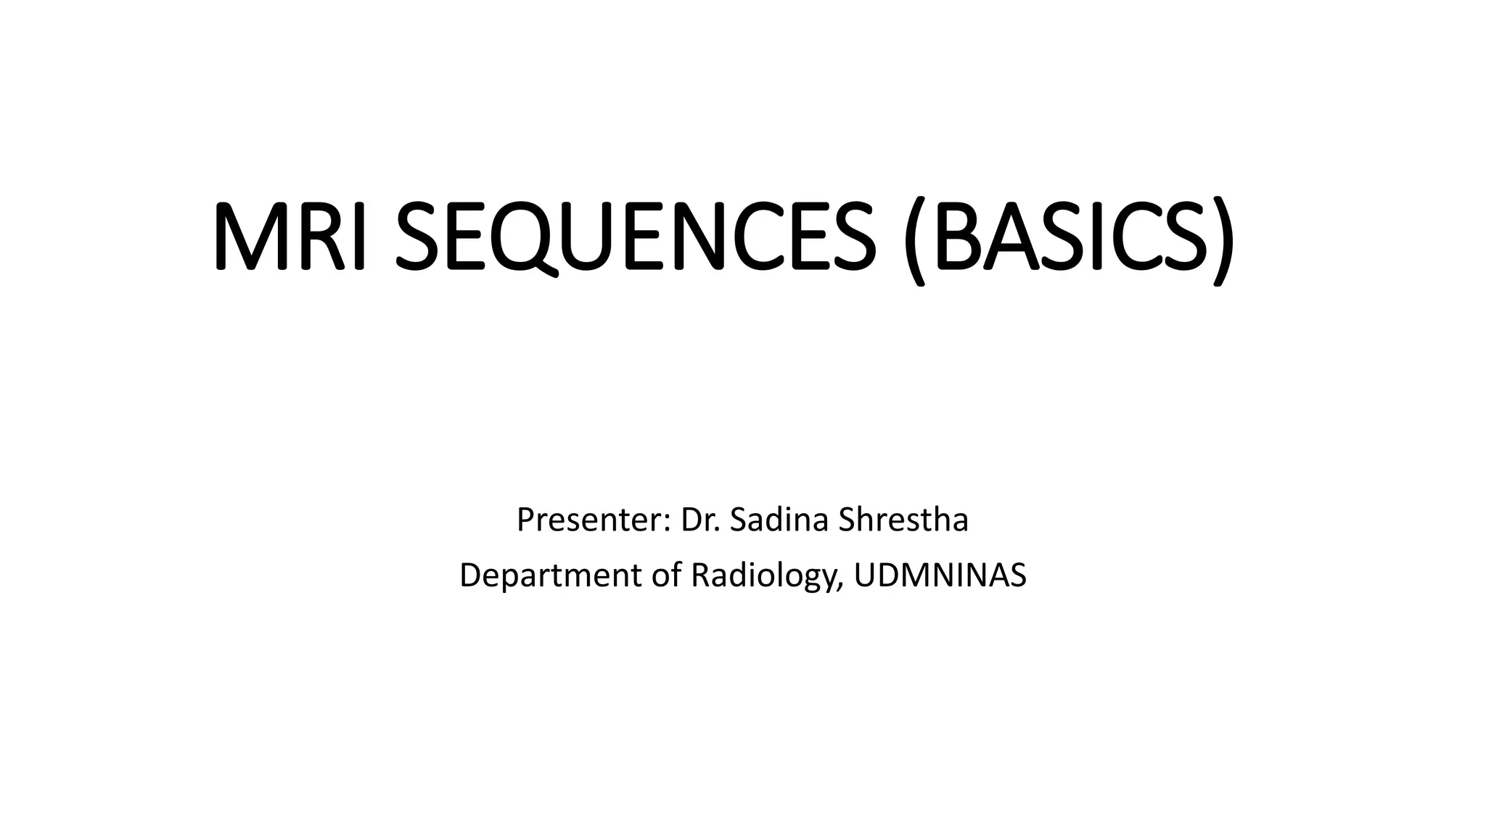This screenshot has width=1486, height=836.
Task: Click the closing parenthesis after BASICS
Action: pyautogui.click(x=1222, y=239)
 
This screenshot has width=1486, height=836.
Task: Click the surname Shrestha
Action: pyautogui.click(x=903, y=520)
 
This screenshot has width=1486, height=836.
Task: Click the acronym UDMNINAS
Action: pyautogui.click(x=940, y=575)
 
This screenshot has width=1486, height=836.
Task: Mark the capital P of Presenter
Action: pyautogui.click(x=525, y=520)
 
